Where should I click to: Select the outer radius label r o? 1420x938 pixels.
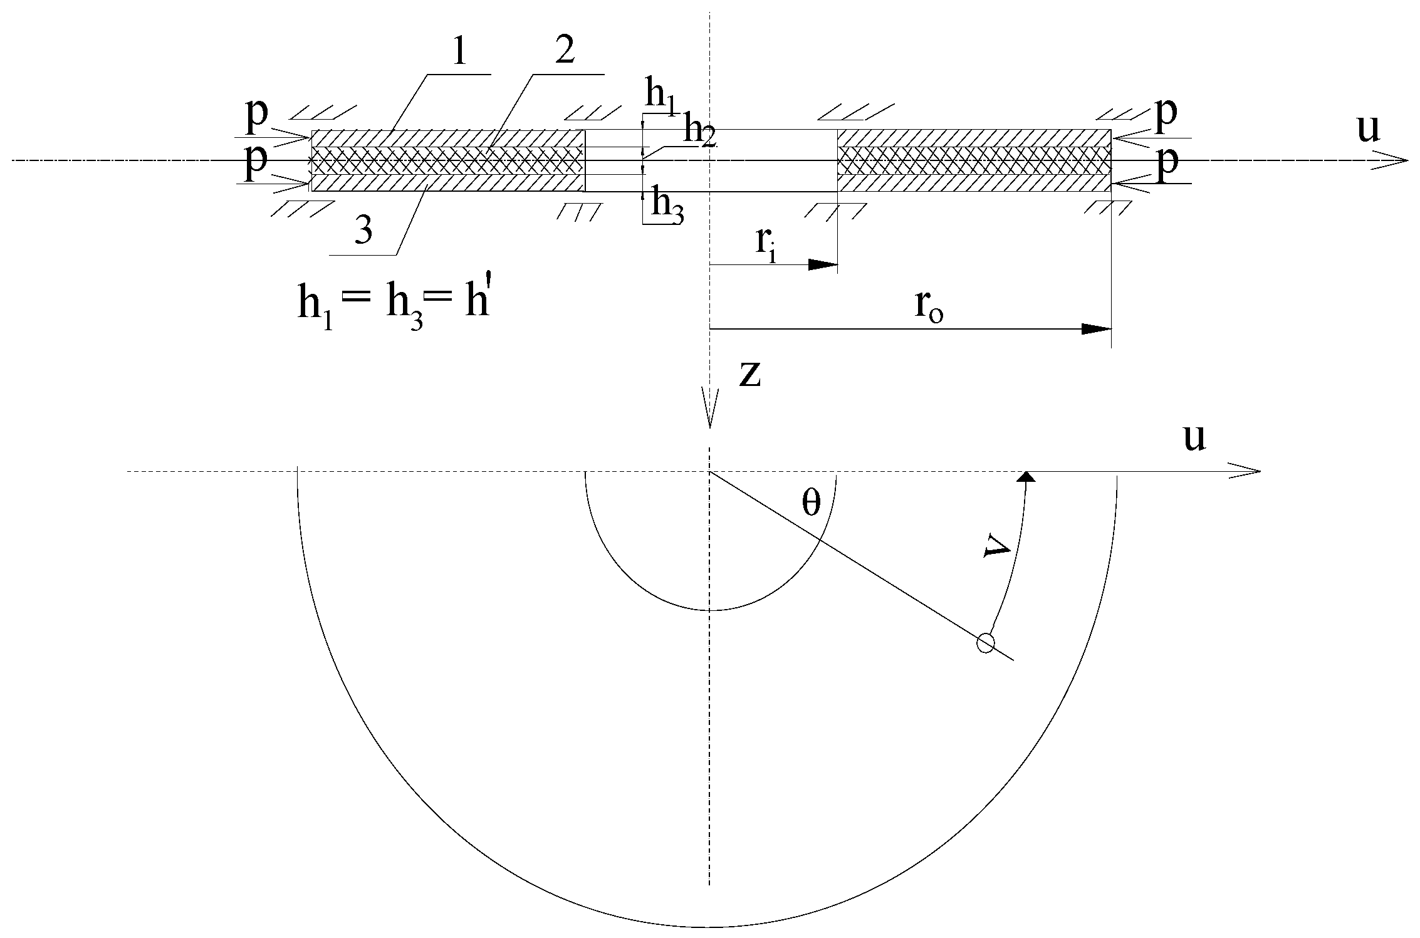click(x=928, y=305)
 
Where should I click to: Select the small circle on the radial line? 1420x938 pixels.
click(x=986, y=644)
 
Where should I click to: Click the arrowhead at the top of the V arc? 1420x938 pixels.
click(x=1026, y=477)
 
